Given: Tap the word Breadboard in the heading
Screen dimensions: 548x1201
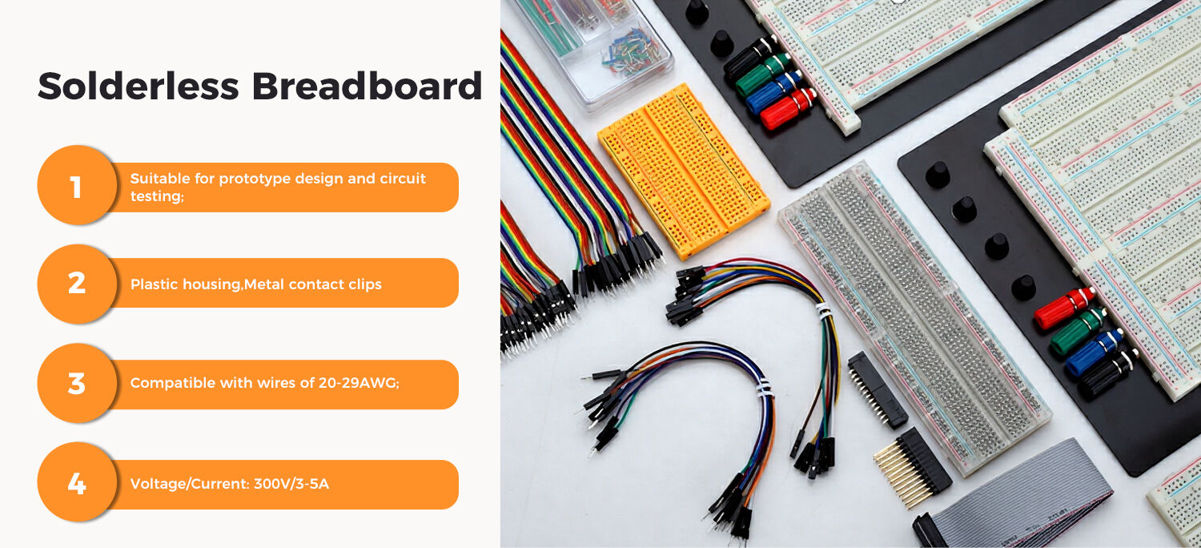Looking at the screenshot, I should coord(368,86).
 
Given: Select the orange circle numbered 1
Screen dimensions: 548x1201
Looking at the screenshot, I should coord(76,187).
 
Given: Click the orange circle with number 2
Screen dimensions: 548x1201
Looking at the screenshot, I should coord(76,283).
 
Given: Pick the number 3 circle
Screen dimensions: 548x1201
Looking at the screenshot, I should coord(76,384).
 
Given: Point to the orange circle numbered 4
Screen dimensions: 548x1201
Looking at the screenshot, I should coord(76,484).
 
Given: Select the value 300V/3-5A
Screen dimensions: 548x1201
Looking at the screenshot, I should coord(291,484).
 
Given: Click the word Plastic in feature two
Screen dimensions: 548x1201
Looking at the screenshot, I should coord(151,284).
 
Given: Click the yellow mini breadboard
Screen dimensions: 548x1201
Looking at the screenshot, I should coord(683,169).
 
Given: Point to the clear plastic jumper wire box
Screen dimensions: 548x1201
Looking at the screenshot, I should coord(592,44).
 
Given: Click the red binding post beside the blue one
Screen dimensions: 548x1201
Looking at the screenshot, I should coord(788,109).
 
